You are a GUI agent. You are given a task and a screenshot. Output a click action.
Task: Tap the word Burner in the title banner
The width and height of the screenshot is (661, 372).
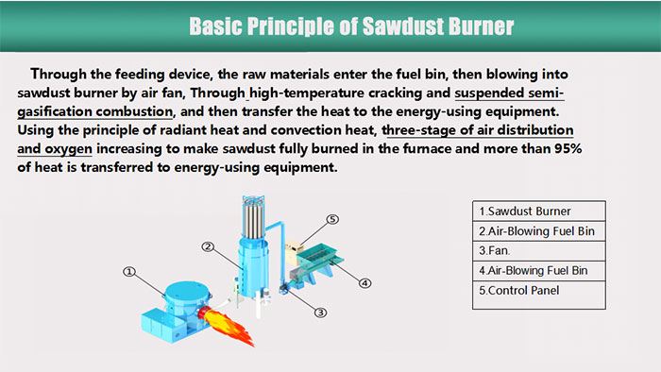click(x=481, y=26)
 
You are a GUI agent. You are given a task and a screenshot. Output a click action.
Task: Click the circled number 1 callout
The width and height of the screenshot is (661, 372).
click(x=129, y=272)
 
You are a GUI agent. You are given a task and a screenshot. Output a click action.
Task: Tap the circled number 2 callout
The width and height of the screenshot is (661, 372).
click(x=208, y=246)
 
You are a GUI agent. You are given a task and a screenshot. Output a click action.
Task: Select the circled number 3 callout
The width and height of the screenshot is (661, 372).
click(x=320, y=313)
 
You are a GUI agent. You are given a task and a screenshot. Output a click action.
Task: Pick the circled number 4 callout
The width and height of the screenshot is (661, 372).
click(x=364, y=283)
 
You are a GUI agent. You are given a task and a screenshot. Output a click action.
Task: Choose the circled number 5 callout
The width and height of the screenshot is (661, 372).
click(x=332, y=219)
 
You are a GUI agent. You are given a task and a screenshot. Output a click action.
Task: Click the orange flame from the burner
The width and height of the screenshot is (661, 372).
click(x=227, y=326)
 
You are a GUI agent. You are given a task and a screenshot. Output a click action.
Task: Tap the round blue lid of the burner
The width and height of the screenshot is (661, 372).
click(x=186, y=291)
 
